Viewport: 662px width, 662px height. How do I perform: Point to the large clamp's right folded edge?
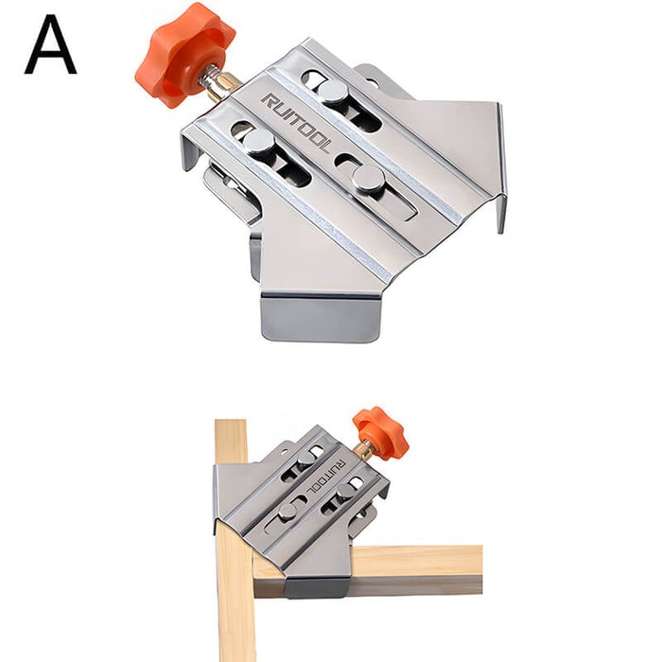499,165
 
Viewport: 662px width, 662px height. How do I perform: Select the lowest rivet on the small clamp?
287,513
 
